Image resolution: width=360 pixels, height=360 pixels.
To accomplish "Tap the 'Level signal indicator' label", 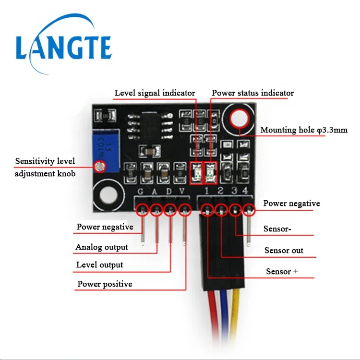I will [x=155, y=93].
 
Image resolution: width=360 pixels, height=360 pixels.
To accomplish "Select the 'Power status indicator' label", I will [x=253, y=93].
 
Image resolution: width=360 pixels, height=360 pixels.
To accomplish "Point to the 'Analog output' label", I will [x=102, y=247].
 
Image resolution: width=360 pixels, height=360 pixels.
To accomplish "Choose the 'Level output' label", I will [x=100, y=264].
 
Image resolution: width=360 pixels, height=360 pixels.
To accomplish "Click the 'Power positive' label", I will [x=105, y=284].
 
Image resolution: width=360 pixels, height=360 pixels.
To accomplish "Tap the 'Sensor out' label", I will [x=284, y=251].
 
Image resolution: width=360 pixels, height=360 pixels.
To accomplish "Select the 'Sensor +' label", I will [x=282, y=272].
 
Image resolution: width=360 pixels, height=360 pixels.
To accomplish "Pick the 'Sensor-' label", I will [x=277, y=229].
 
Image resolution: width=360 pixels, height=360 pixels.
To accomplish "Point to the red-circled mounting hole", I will [x=239, y=118].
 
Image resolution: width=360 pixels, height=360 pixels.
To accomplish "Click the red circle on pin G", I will [x=142, y=210].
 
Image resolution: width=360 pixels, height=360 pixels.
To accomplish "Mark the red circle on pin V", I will [x=185, y=210].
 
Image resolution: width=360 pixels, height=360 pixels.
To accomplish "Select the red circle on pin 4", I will [x=248, y=209].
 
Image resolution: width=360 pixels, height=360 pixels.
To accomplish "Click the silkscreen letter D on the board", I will [x=168, y=192].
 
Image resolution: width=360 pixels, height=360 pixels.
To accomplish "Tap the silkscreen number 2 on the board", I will [x=220, y=192].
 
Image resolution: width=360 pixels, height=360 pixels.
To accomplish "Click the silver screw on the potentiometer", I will [x=100, y=167].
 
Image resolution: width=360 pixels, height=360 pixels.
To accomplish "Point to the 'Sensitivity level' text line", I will [x=45, y=161].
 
